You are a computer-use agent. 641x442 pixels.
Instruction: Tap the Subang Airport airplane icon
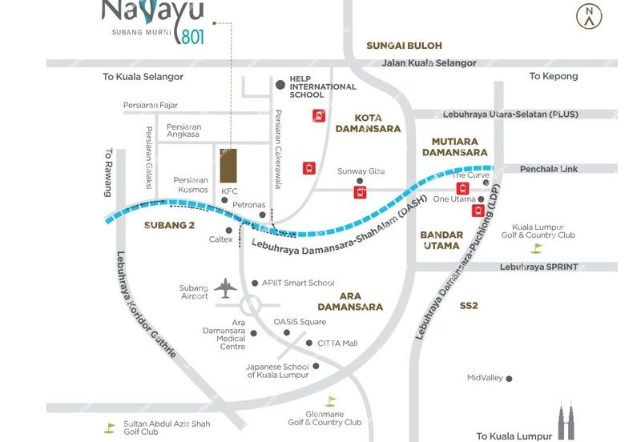228,288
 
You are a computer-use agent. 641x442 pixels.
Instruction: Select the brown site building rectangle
228,165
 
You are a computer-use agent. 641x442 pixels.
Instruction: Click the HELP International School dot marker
280,84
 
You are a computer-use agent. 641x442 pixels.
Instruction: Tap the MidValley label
484,378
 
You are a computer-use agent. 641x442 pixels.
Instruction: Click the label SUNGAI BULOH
404,46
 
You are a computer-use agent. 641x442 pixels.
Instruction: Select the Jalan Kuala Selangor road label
429,63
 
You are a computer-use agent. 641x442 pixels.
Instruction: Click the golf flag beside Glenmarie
330,401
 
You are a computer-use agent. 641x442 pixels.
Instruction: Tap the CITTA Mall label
337,344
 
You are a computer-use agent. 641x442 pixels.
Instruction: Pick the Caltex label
220,239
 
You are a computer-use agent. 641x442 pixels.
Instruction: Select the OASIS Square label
300,322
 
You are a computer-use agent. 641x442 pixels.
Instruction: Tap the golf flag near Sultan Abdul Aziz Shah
109,427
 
